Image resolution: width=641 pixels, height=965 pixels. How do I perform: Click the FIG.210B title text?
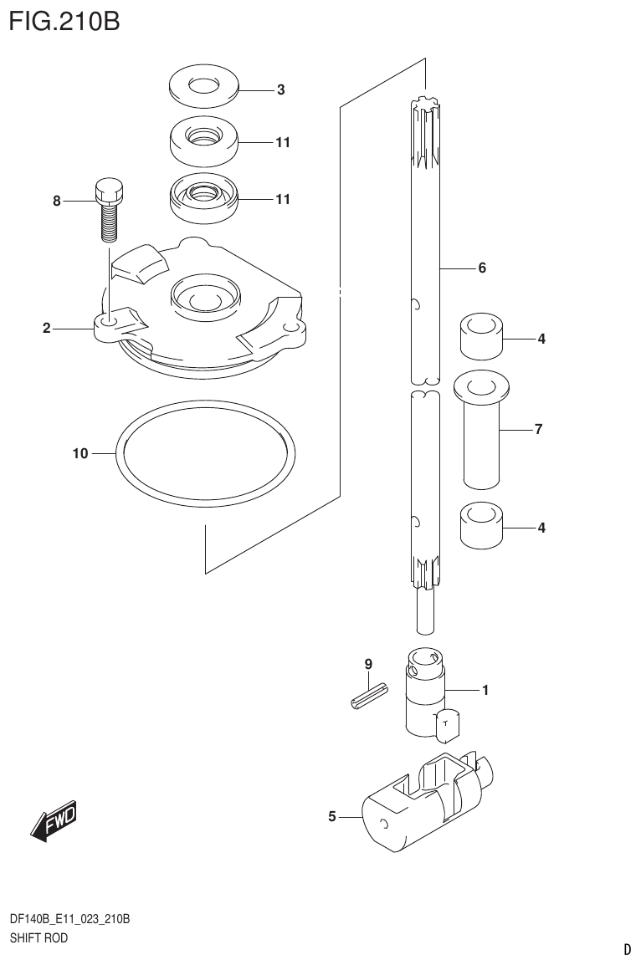click(65, 20)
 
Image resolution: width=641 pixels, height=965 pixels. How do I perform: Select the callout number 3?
click(281, 89)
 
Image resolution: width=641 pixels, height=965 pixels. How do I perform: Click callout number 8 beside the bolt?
click(57, 201)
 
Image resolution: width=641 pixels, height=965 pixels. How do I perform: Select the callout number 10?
click(80, 454)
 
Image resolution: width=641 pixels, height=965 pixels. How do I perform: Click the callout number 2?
click(47, 329)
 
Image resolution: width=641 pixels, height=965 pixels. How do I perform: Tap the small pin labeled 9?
click(368, 696)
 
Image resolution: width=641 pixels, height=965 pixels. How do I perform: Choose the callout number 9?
click(367, 664)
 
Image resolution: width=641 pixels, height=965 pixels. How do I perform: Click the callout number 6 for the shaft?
click(482, 268)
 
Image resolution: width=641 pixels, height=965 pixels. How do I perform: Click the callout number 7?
click(539, 430)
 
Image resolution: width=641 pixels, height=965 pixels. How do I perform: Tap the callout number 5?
click(332, 816)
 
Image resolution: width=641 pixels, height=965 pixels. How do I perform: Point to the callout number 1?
click(484, 691)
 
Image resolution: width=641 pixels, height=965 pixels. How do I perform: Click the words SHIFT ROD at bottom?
click(38, 938)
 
